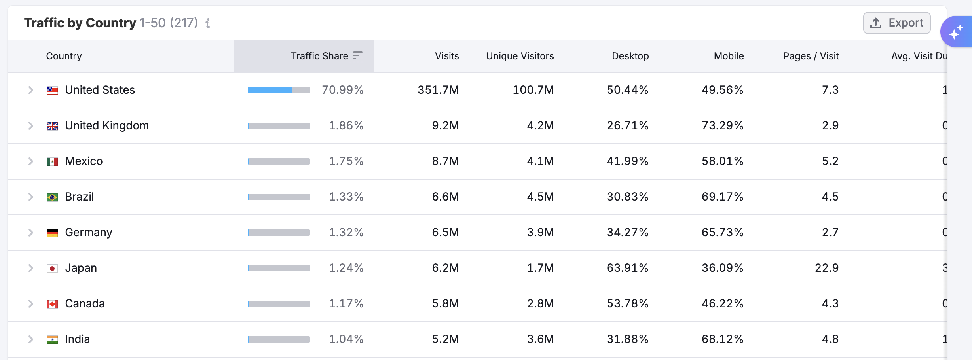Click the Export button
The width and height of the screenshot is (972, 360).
click(x=896, y=23)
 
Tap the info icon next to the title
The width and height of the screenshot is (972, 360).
click(x=208, y=23)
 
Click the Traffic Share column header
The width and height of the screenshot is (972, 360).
click(x=319, y=56)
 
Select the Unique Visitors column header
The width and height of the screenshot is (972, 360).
click(x=520, y=56)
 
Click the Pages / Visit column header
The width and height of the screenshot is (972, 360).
click(x=811, y=56)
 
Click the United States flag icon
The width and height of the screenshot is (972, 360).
click(x=52, y=90)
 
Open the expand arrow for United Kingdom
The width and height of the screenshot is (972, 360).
click(x=30, y=126)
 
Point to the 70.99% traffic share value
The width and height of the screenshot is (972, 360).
click(x=342, y=90)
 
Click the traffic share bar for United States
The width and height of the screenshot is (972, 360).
click(x=279, y=90)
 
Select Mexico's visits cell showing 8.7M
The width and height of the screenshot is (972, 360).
click(x=445, y=161)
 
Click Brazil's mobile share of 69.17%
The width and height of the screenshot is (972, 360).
click(x=722, y=197)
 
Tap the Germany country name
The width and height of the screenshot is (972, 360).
click(x=89, y=233)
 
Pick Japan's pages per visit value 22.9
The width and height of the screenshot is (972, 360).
click(x=826, y=268)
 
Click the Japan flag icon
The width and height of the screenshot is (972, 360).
click(x=52, y=269)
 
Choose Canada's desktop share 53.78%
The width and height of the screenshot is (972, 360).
click(x=627, y=304)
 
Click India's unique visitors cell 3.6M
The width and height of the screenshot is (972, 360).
click(x=540, y=339)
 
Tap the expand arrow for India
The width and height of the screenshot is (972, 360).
click(x=30, y=339)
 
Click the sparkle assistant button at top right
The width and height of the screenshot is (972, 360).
click(x=956, y=32)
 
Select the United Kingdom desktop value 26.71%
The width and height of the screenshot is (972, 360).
click(x=627, y=126)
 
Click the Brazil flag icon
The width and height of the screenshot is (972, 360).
click(x=52, y=197)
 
